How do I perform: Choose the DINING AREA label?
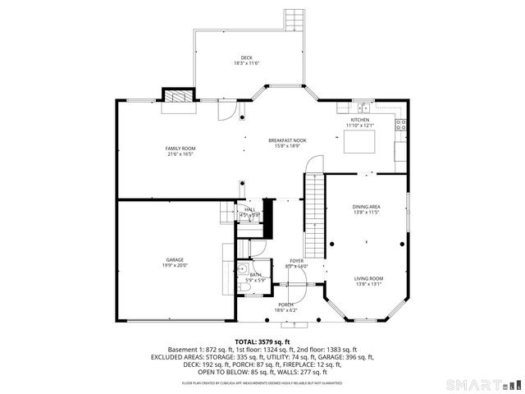(x=366, y=208)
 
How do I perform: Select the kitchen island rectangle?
(x=358, y=143)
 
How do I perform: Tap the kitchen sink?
(x=362, y=108)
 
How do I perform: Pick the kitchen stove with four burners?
(x=400, y=125)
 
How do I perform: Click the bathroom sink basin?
(x=243, y=269)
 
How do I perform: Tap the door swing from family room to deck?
(x=228, y=110)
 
